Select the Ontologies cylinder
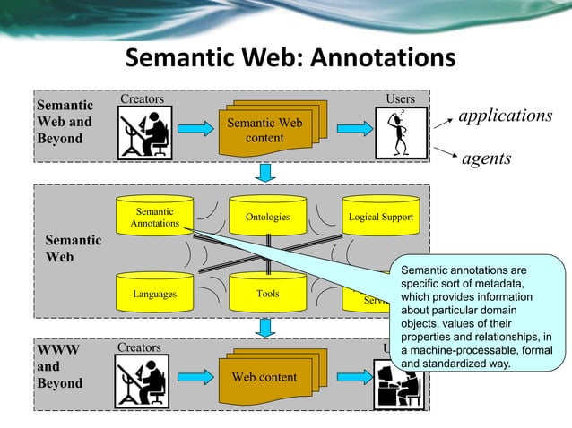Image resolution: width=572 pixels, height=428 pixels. [x=267, y=217]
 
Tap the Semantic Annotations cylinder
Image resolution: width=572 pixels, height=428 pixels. [x=154, y=218]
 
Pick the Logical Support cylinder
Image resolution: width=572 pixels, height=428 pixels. [x=380, y=217]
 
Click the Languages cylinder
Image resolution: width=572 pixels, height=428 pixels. [x=154, y=293]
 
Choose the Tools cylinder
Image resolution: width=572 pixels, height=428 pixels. [x=267, y=293]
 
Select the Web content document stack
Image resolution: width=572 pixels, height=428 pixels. [x=264, y=378]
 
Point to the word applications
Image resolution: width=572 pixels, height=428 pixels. [x=506, y=116]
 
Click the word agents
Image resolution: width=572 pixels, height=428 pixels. [x=486, y=158]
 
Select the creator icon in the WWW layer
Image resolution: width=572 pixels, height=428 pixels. [x=143, y=381]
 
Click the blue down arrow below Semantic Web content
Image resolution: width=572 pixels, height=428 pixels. [x=264, y=172]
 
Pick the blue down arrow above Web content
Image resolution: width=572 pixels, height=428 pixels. [x=264, y=329]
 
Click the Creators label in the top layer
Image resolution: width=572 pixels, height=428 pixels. [x=142, y=98]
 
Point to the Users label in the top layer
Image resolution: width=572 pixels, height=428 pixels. [x=399, y=98]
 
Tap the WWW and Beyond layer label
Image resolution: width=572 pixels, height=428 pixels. [x=60, y=366]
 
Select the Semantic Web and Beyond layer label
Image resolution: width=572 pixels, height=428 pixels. [x=64, y=122]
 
